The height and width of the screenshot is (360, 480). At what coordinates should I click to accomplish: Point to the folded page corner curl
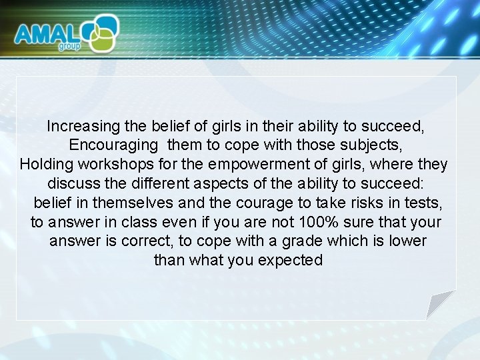(439, 304)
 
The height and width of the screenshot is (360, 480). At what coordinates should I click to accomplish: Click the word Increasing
(83, 126)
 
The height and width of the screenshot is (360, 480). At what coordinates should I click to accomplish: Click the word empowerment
(257, 165)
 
